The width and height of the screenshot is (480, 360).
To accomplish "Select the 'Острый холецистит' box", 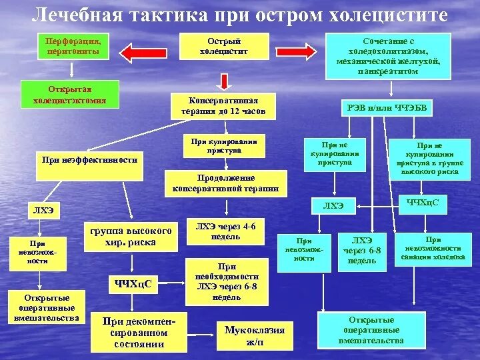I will pyautogui.click(x=225, y=47).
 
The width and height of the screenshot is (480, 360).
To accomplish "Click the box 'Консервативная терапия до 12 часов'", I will pyautogui.click(x=223, y=106).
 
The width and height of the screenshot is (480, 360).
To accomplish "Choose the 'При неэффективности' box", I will pyautogui.click(x=89, y=164).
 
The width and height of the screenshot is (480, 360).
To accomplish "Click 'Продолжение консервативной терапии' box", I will pyautogui.click(x=225, y=183).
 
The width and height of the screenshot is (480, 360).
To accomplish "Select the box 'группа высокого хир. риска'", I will pyautogui.click(x=131, y=236).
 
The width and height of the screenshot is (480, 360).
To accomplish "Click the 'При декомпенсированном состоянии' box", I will pyautogui.click(x=139, y=332).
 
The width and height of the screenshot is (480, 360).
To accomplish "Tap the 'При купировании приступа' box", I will pyautogui.click(x=223, y=146).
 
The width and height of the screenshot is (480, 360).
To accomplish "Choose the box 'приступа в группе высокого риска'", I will pyautogui.click(x=429, y=158).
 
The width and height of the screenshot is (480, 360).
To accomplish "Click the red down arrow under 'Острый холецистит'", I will pyautogui.click(x=225, y=81).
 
